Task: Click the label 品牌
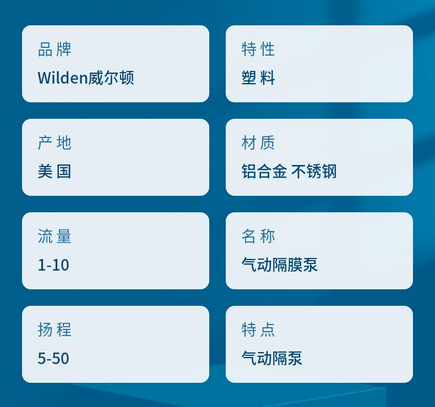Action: point(55,50)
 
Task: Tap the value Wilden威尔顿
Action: point(86,78)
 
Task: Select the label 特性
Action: point(258,50)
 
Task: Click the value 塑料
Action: point(258,78)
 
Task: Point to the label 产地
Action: point(55,143)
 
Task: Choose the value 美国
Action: point(55,171)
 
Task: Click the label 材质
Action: point(258,143)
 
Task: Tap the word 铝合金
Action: point(264,171)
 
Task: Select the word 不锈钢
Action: point(314,171)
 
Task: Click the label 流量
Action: point(55,237)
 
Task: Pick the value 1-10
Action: point(53,265)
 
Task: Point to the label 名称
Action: point(258,237)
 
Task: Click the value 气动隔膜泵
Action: point(279,265)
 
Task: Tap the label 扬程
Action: point(55,330)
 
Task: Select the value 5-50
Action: point(53,358)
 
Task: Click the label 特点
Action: point(258,330)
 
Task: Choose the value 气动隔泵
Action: point(272,358)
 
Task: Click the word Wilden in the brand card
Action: point(63,78)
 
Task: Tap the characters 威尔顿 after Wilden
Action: point(111,78)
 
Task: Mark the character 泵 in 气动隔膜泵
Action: point(310,265)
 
